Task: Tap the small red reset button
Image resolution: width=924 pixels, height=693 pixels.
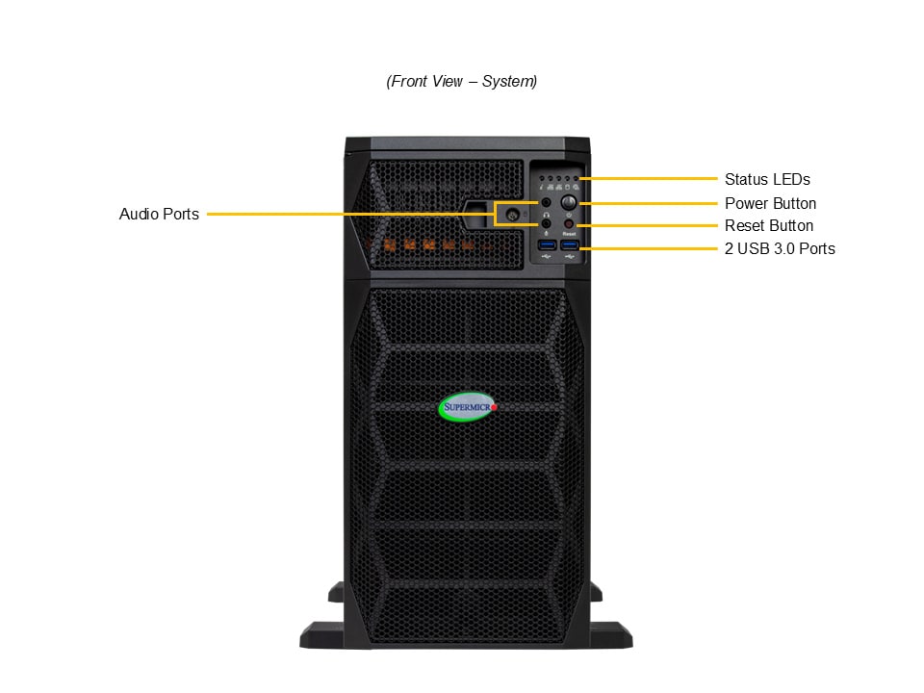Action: point(569,224)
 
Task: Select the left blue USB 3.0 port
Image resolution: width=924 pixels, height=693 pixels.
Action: point(547,245)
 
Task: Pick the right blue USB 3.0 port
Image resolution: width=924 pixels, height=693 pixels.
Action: point(569,245)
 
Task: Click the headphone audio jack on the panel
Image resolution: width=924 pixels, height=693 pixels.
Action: point(547,203)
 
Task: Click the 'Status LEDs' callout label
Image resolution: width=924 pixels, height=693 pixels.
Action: point(767,179)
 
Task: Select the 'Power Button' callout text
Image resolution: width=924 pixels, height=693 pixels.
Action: point(770,203)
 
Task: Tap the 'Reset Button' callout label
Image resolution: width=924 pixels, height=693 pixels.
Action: point(768,226)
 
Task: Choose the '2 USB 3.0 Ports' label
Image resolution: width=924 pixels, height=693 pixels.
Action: point(780,249)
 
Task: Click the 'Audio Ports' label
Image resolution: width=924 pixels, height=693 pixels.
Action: point(159,214)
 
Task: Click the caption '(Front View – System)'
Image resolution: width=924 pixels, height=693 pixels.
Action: point(462,82)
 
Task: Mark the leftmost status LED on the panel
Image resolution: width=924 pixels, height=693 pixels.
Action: point(542,179)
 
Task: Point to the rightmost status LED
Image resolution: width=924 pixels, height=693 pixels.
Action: point(576,179)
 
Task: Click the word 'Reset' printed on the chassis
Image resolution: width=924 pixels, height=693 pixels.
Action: point(569,234)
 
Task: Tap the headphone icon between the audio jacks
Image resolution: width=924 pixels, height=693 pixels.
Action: point(547,215)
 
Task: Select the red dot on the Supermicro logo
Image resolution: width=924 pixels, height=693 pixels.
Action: point(495,408)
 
